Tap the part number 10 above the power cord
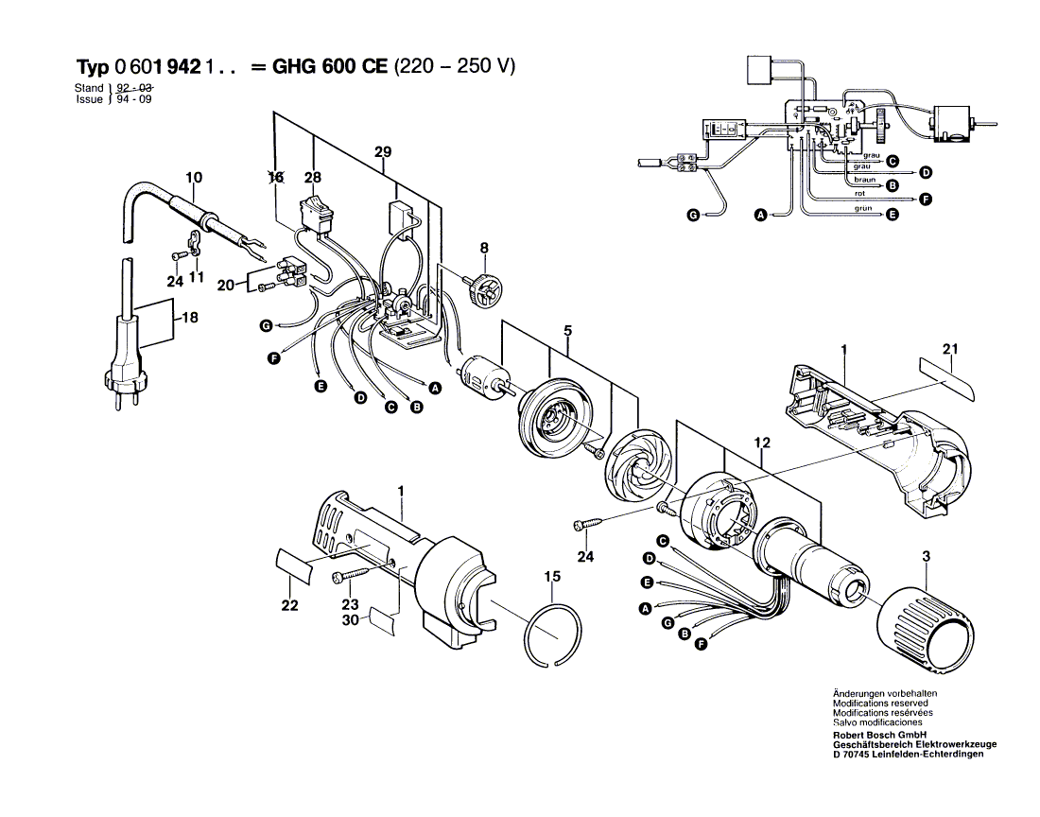[194, 177]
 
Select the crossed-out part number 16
[276, 177]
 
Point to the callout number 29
[382, 152]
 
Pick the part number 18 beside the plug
[190, 319]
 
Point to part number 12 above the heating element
[763, 443]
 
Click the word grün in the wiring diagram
[862, 208]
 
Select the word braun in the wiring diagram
[864, 179]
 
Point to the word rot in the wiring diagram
[860, 194]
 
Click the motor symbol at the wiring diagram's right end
[953, 123]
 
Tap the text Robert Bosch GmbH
[878, 735]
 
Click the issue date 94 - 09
[132, 98]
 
